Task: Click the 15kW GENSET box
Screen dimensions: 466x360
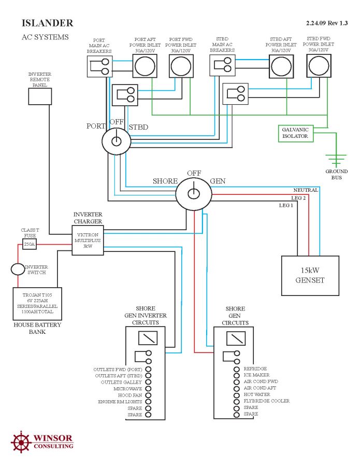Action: [x=309, y=275]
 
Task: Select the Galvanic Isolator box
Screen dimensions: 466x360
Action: [x=295, y=133]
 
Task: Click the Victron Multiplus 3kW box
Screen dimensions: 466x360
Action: [x=88, y=241]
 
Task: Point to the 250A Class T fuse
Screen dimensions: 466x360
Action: [x=30, y=244]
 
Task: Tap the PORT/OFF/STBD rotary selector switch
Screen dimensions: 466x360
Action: [x=117, y=140]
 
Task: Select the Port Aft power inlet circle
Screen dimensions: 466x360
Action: [x=145, y=67]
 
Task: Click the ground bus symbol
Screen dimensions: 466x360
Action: [x=336, y=160]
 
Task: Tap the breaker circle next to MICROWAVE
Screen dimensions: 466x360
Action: [x=149, y=388]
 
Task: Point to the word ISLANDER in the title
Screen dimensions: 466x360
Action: [x=47, y=23]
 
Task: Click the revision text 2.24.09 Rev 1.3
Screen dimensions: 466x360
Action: [x=327, y=23]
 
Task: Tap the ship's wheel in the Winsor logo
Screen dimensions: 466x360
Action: [x=21, y=442]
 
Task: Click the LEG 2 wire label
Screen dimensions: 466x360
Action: [x=299, y=198]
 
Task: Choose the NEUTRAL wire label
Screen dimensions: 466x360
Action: [x=305, y=190]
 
